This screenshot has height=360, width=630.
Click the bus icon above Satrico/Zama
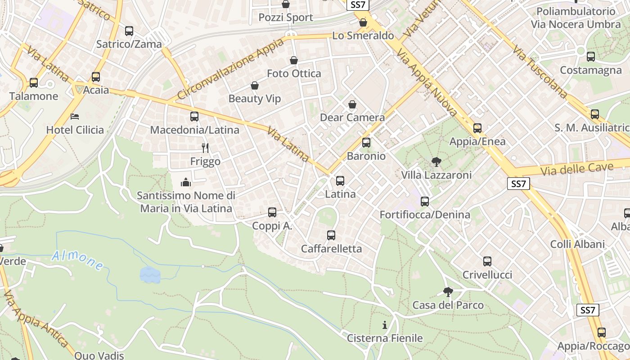pyautogui.click(x=129, y=31)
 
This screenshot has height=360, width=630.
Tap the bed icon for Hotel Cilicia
pyautogui.click(x=75, y=117)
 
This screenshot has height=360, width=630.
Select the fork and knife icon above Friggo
pyautogui.click(x=205, y=148)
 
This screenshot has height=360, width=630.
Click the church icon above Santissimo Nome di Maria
pyautogui.click(x=186, y=182)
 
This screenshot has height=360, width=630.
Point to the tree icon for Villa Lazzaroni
pyautogui.click(x=436, y=162)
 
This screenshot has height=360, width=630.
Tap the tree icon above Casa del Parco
pyautogui.click(x=448, y=292)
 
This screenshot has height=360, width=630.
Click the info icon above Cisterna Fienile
pyautogui.click(x=385, y=324)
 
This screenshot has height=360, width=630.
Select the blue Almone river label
pyautogui.click(x=77, y=261)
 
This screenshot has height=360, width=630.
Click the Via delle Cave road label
pyautogui.click(x=577, y=170)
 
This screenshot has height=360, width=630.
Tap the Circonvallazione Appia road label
pyautogui.click(x=231, y=69)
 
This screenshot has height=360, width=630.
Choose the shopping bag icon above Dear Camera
pyautogui.click(x=352, y=105)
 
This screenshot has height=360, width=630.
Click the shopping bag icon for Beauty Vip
pyautogui.click(x=255, y=85)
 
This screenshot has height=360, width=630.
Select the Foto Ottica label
pyautogui.click(x=294, y=73)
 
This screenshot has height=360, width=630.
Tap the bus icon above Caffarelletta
pyautogui.click(x=331, y=235)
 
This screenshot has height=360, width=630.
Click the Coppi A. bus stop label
pyautogui.click(x=272, y=226)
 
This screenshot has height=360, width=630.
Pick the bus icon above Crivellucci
pyautogui.click(x=487, y=261)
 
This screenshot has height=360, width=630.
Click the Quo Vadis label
pyautogui.click(x=99, y=355)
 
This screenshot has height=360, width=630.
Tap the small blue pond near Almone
pyautogui.click(x=150, y=274)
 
